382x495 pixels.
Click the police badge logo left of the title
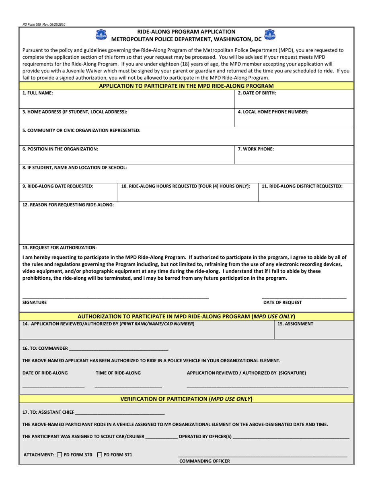(x=101, y=35)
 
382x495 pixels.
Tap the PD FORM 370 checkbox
(x=60, y=455)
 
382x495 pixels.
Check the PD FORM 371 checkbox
(x=100, y=455)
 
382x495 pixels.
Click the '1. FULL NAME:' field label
(x=37, y=93)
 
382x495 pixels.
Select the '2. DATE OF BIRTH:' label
(x=257, y=93)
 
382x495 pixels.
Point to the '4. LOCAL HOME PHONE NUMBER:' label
(x=273, y=112)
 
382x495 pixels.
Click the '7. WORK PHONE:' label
(x=256, y=149)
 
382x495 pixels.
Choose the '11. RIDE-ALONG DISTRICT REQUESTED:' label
(x=302, y=186)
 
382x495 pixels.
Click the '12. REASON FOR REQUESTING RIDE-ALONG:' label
(x=68, y=204)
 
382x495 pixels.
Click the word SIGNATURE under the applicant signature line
(x=35, y=303)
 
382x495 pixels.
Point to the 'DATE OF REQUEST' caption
(x=282, y=303)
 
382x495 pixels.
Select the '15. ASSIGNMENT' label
(x=296, y=324)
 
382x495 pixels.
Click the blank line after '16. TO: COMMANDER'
(x=119, y=349)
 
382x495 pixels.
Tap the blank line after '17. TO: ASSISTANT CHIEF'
(x=120, y=412)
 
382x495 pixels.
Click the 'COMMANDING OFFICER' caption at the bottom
(x=205, y=461)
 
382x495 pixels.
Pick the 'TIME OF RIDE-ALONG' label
(x=118, y=373)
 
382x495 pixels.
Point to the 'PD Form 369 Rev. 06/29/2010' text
(x=44, y=25)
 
